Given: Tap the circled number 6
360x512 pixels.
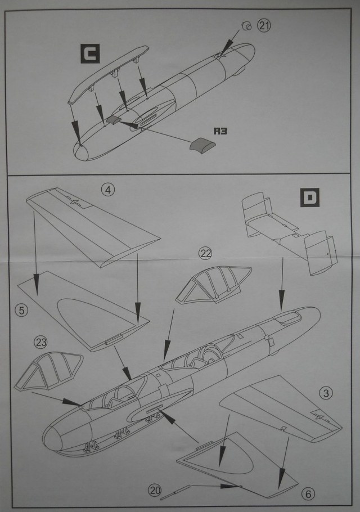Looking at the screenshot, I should coord(307,494).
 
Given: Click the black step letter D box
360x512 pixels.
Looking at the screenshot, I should coord(310,199).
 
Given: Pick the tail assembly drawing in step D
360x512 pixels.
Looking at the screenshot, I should coord(287,234).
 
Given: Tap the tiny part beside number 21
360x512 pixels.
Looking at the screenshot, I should coord(246,25).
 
